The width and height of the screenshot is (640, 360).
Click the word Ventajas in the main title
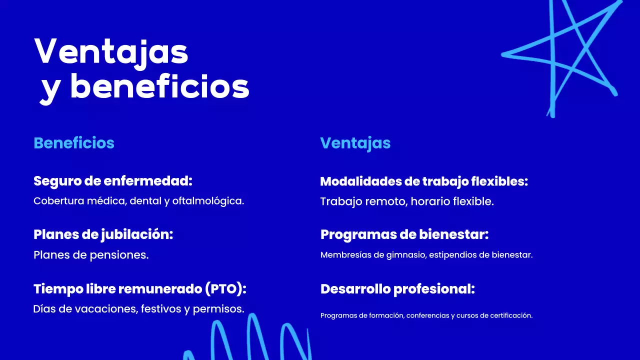[x=111, y=51]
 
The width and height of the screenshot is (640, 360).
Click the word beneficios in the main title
[x=159, y=87]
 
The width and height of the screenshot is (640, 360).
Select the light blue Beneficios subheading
[x=74, y=143]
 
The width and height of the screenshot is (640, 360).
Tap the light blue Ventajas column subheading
[x=355, y=143]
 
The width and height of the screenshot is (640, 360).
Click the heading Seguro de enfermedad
[x=113, y=181]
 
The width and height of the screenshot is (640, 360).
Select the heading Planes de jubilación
[x=103, y=234]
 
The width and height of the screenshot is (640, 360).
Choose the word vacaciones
[x=106, y=309]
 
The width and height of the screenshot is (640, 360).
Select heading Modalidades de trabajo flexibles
[x=424, y=181]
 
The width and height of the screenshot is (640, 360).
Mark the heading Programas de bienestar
[x=404, y=234]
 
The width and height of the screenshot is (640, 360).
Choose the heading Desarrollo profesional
[x=397, y=289]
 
